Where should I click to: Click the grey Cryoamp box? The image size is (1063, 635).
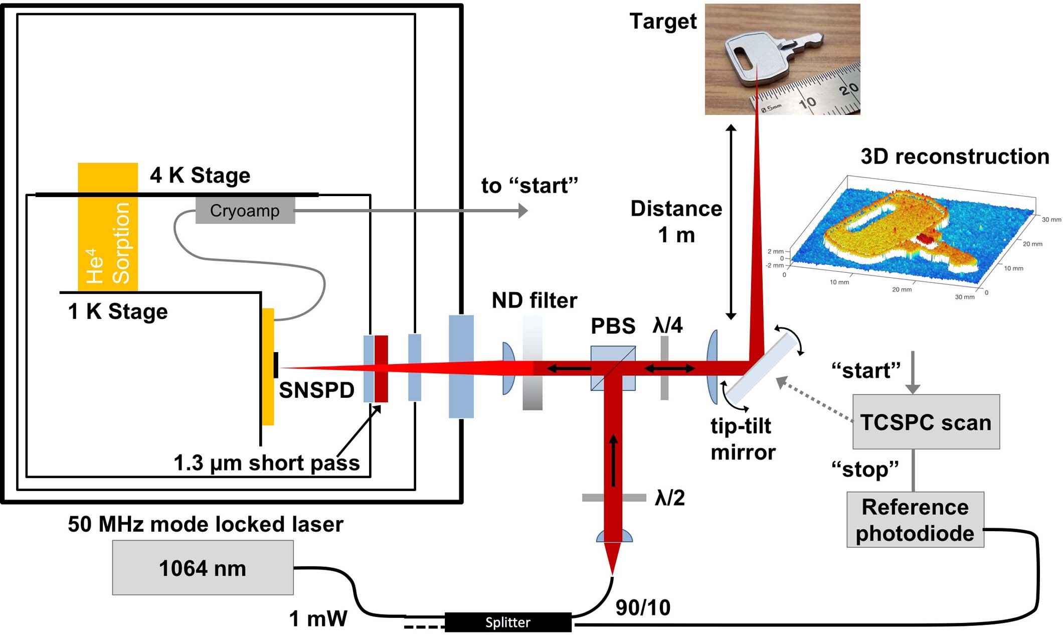(245, 211)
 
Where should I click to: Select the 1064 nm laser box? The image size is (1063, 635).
(203, 568)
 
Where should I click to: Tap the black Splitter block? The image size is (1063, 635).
(507, 622)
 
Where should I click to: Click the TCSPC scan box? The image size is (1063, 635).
(926, 422)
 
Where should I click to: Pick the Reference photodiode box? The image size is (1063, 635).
(915, 520)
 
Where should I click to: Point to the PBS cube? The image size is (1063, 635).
(613, 368)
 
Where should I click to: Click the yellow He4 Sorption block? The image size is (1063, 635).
(108, 227)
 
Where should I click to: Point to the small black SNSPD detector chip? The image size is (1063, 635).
(276, 365)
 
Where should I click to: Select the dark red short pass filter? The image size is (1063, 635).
(381, 369)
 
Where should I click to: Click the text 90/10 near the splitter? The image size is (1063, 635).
(643, 607)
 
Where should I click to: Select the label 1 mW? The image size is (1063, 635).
(318, 618)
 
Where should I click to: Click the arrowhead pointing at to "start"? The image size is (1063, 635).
(523, 211)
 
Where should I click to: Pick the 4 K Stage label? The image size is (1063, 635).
(200, 176)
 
